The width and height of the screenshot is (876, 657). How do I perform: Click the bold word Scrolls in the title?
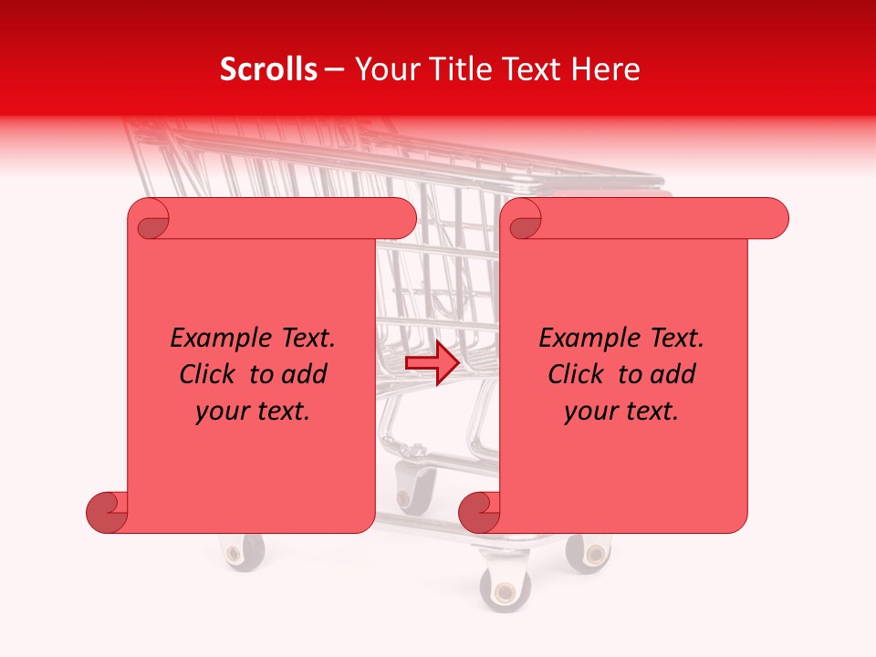coord(268,69)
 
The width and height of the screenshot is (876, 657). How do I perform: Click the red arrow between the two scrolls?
coord(432,363)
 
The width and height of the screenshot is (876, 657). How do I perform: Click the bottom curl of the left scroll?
coord(107,513)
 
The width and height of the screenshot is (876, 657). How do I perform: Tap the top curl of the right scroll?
coord(524,220)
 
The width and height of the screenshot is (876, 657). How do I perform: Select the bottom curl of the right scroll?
coord(479,513)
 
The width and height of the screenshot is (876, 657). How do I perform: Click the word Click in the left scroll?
coord(207,374)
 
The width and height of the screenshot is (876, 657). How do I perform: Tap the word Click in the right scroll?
coord(576,374)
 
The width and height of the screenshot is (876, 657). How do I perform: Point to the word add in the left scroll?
coord(305,374)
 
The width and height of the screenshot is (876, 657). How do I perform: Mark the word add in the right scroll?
coord(673,374)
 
